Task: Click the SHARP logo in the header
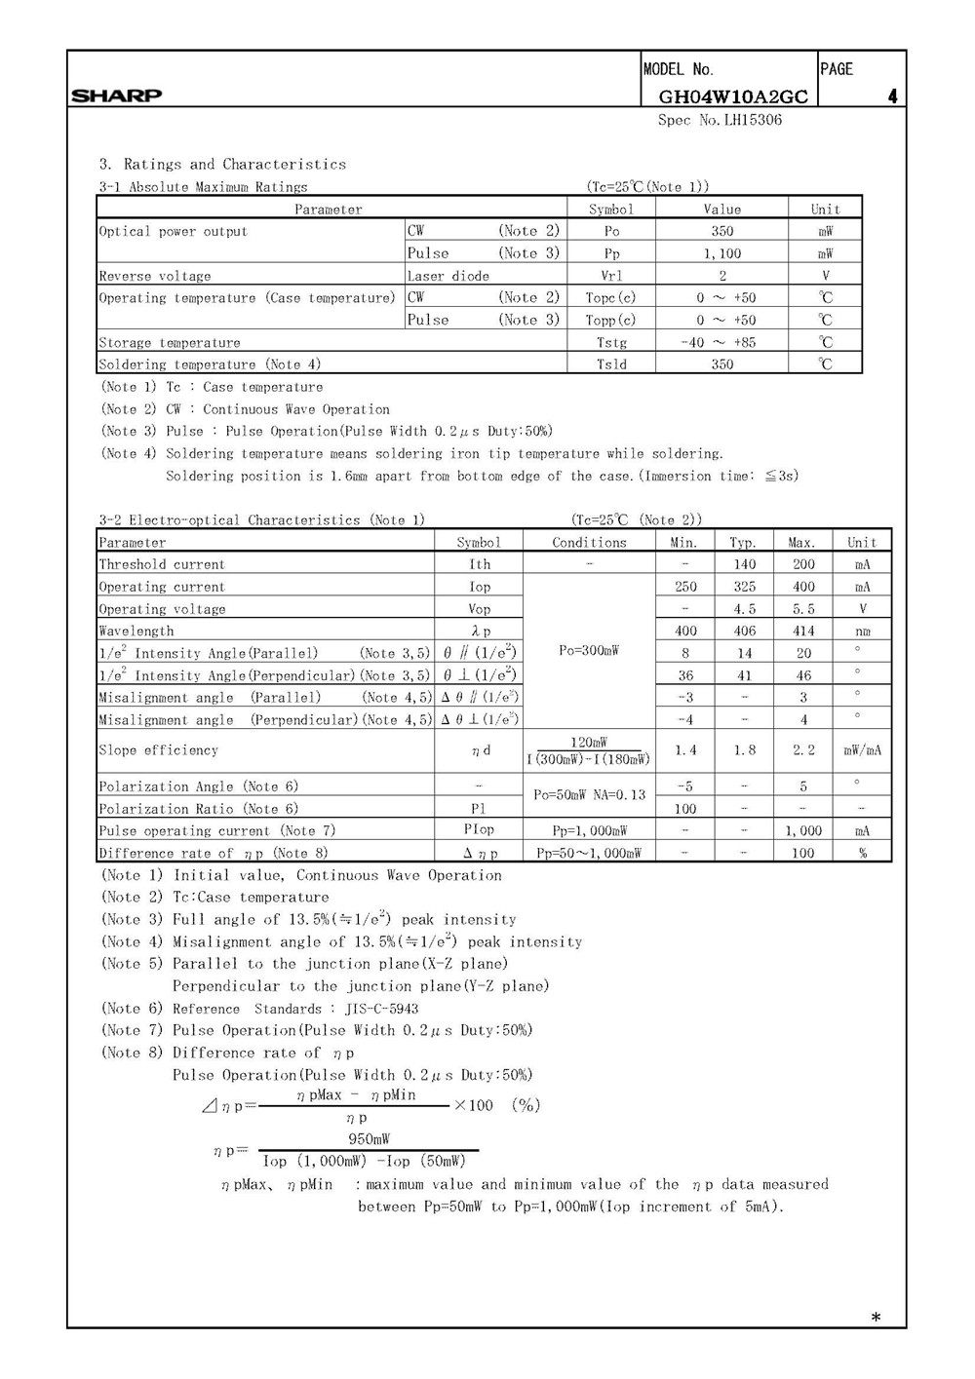(x=116, y=96)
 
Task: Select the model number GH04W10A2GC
(x=733, y=96)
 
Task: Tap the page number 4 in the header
(x=892, y=96)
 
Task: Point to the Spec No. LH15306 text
(x=720, y=120)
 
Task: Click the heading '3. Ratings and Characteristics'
(x=222, y=164)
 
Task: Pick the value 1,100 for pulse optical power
(x=721, y=253)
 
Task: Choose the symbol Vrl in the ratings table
(x=611, y=276)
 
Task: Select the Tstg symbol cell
(x=611, y=342)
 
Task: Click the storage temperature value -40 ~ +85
(x=721, y=342)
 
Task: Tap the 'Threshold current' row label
(x=162, y=564)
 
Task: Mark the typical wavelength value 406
(x=744, y=631)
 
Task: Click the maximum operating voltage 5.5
(x=803, y=609)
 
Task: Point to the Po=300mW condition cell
(x=589, y=650)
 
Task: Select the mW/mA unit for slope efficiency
(x=862, y=750)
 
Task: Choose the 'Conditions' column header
(x=589, y=542)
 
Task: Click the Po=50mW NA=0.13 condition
(x=589, y=794)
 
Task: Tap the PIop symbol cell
(x=479, y=830)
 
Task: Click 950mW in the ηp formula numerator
(x=370, y=1139)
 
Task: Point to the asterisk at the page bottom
(x=876, y=1318)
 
